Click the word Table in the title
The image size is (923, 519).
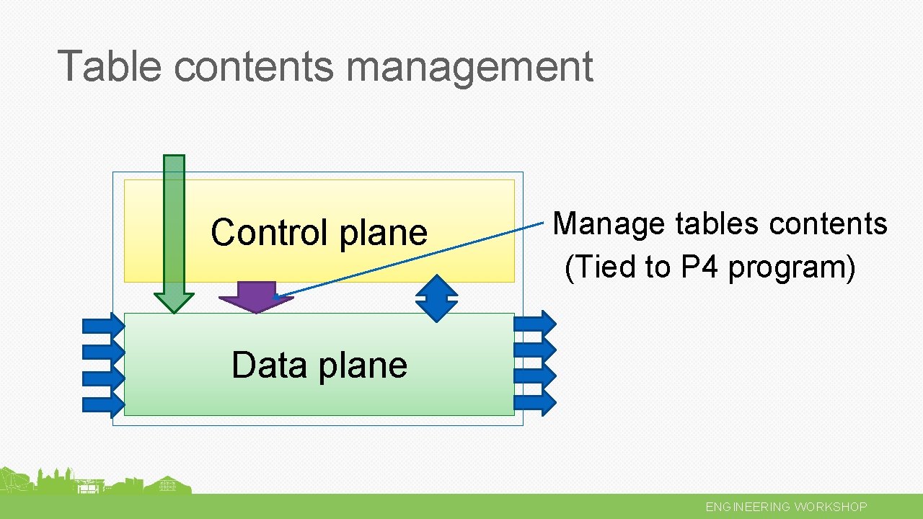(110, 66)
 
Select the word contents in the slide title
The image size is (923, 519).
(254, 66)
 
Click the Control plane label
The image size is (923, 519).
(319, 233)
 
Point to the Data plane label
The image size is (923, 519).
(319, 365)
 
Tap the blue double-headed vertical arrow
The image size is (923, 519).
(437, 298)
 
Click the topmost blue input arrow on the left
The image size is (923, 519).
(104, 326)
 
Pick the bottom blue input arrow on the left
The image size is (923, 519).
(104, 403)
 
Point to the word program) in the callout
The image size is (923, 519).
(792, 268)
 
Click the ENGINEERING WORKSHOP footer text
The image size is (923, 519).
(786, 507)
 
